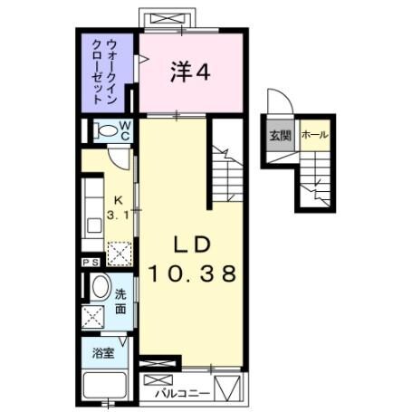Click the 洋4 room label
point(191,73)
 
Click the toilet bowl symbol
point(107,129)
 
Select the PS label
point(91,263)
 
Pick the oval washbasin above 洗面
point(100,287)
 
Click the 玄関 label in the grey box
point(279,136)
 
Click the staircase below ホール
point(318,181)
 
